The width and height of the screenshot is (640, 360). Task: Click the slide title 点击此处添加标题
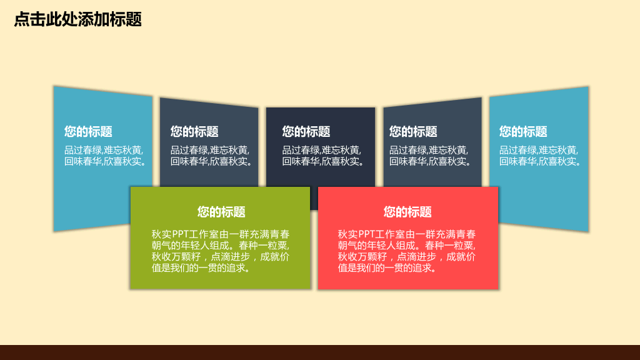(x=77, y=19)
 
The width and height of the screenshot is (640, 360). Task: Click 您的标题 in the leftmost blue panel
(x=88, y=132)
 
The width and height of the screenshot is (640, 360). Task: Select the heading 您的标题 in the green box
(x=221, y=212)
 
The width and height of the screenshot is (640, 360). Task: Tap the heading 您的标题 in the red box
(x=407, y=212)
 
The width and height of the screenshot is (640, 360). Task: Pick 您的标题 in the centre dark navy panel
(x=306, y=132)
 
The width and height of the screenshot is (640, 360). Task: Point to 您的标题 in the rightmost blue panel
(x=523, y=132)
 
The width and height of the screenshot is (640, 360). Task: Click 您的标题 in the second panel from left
(x=194, y=132)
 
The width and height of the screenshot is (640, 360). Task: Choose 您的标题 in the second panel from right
(x=413, y=132)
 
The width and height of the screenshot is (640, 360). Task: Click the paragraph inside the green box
(x=220, y=251)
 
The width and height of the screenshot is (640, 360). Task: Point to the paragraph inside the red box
(x=406, y=251)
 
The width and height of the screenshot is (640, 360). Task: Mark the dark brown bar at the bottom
(x=320, y=352)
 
